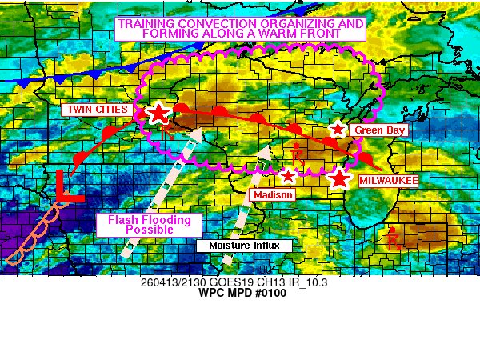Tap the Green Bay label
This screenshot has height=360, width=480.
(x=381, y=130)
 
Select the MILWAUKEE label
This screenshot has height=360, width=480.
(x=388, y=182)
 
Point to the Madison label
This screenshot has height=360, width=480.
(x=272, y=194)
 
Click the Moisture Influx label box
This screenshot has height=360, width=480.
(x=239, y=246)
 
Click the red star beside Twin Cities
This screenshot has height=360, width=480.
(x=158, y=113)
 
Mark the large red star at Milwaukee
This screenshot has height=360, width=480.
(x=340, y=178)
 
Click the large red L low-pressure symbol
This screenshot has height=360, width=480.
(x=66, y=188)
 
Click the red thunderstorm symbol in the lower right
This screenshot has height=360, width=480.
(x=392, y=238)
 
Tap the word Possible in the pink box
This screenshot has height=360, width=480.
(x=150, y=230)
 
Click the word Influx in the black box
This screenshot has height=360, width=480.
(x=263, y=246)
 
